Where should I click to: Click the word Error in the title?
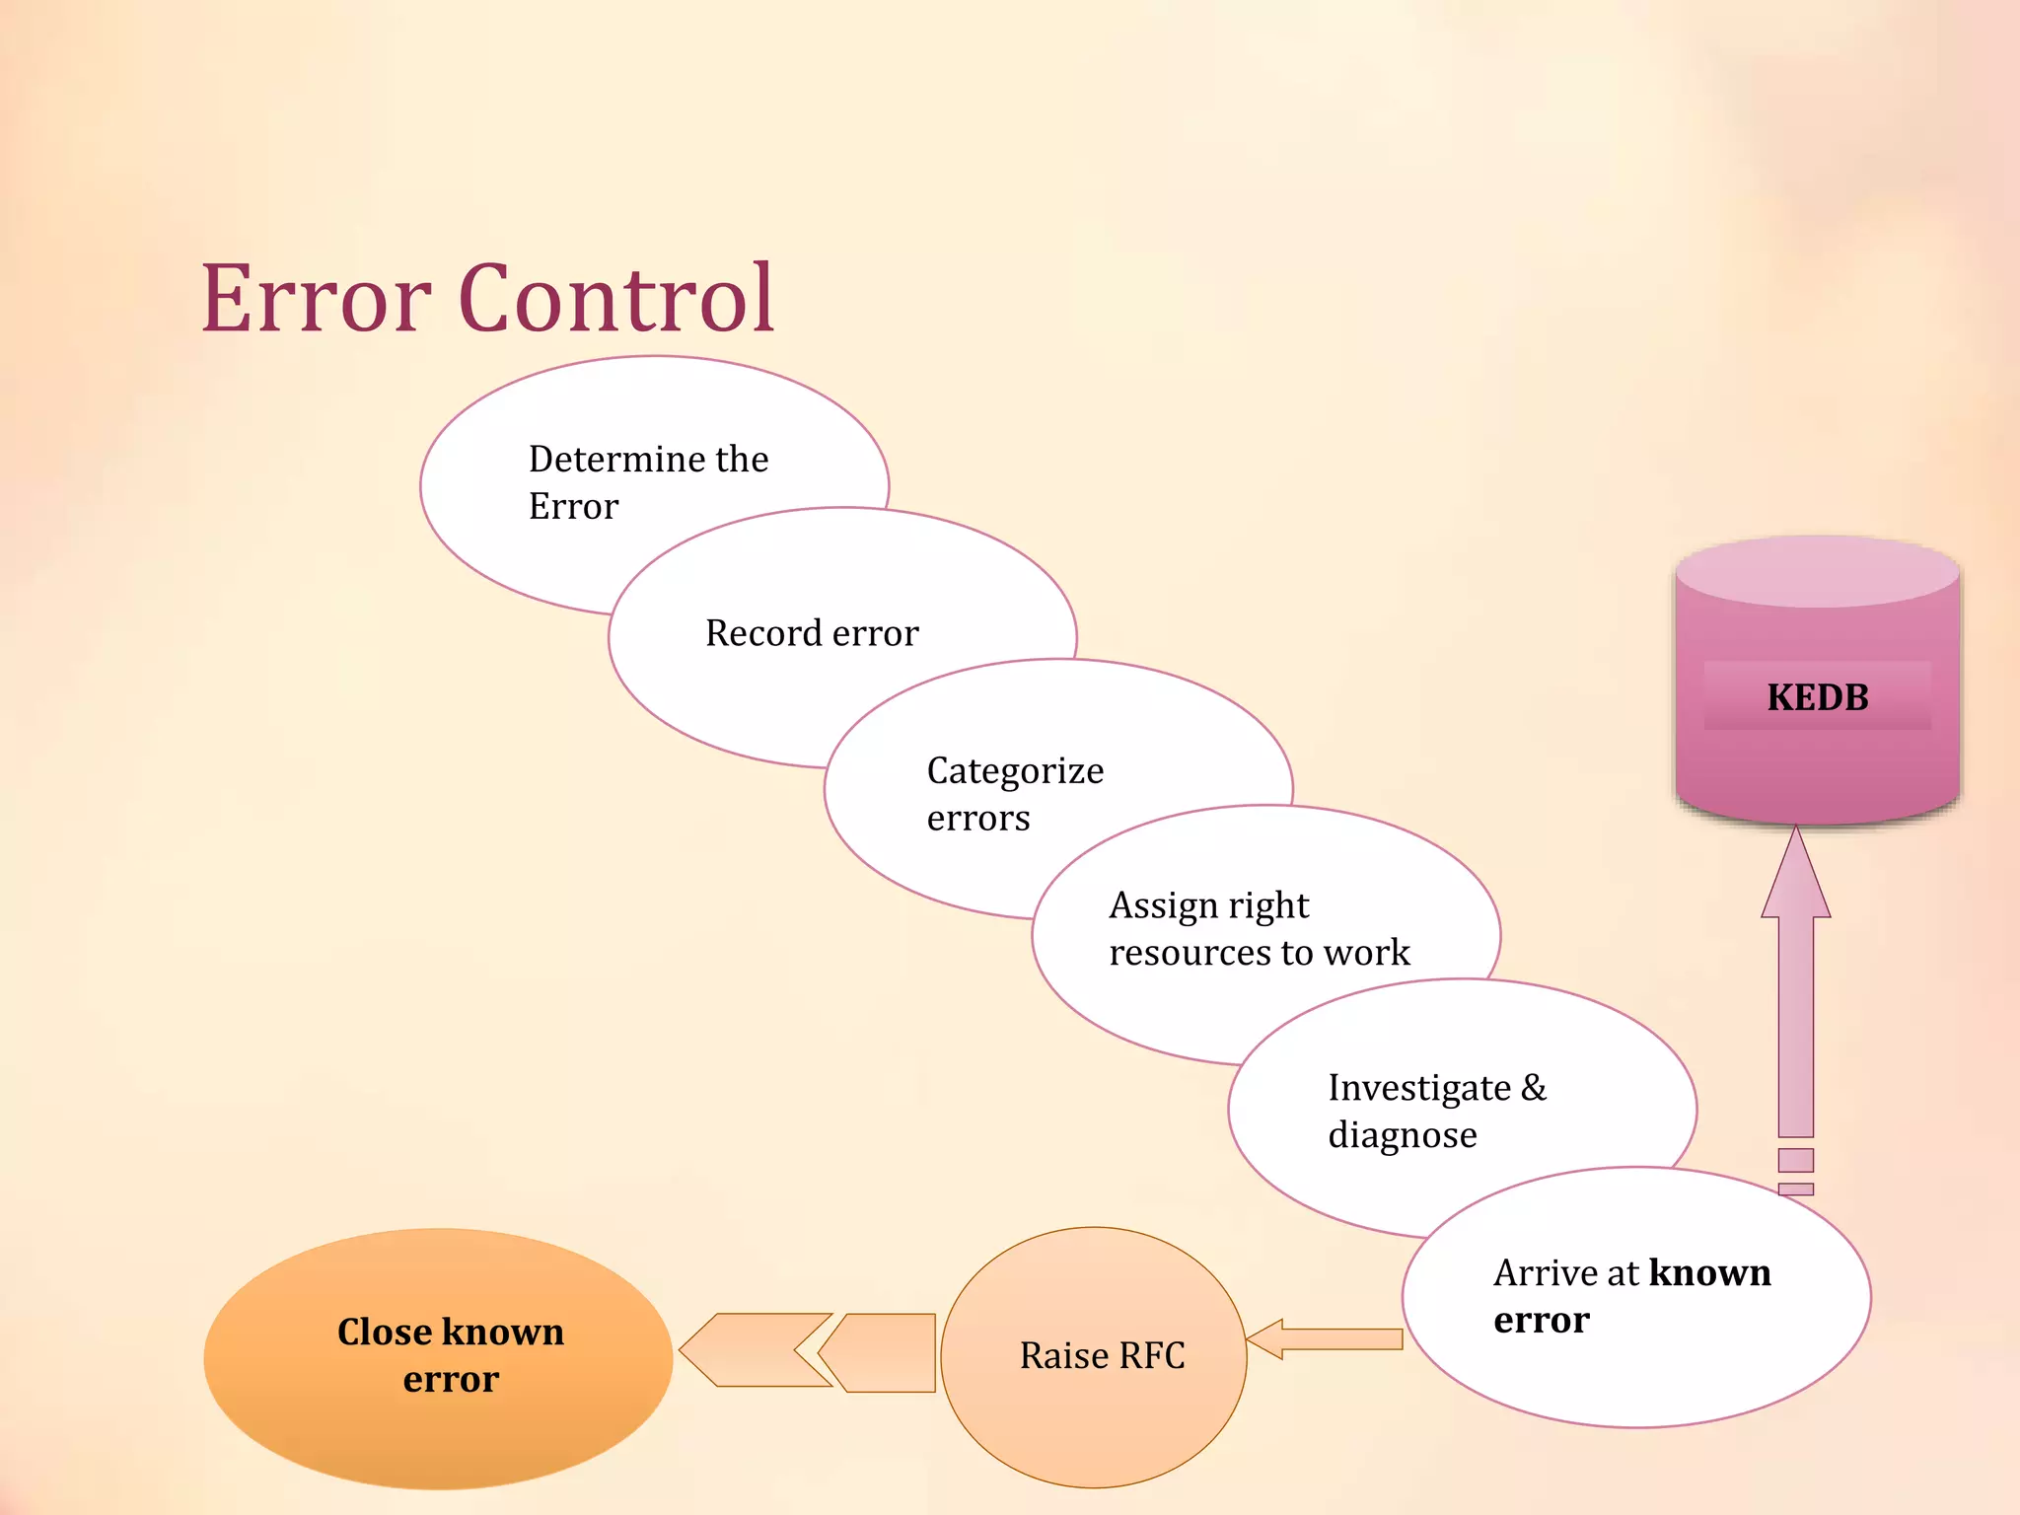click(x=316, y=299)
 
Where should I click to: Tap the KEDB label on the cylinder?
click(x=1817, y=697)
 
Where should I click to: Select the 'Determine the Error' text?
click(x=647, y=482)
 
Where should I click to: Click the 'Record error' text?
click(x=812, y=633)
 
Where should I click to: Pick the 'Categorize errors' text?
click(x=1014, y=794)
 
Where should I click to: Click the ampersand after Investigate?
click(x=1534, y=1087)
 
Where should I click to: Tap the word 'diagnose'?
click(x=1402, y=1135)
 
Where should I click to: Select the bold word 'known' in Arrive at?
click(x=1709, y=1272)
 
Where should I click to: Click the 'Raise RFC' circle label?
click(x=1102, y=1356)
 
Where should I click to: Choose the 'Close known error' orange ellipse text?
click(x=451, y=1355)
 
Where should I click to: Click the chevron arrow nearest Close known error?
click(x=755, y=1349)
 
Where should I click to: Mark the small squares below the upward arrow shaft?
click(x=1796, y=1171)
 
